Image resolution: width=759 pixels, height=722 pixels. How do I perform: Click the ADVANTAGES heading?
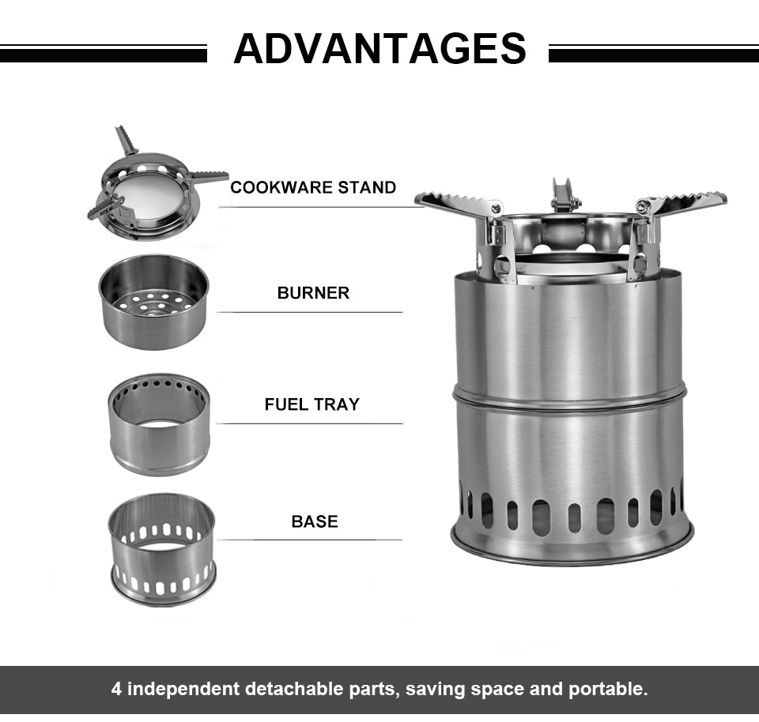tap(379, 48)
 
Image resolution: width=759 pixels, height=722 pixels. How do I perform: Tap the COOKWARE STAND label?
tap(313, 187)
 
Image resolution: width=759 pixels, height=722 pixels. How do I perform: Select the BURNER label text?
tap(313, 293)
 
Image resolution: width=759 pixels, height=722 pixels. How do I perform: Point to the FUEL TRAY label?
tap(312, 404)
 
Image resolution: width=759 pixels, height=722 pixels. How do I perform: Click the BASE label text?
tap(314, 521)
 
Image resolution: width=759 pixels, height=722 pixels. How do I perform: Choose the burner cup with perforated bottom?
tap(153, 303)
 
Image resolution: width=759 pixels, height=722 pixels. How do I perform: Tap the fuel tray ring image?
tap(159, 423)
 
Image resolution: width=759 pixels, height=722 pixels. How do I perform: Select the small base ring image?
tap(161, 549)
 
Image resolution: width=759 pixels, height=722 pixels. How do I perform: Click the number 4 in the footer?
tap(117, 689)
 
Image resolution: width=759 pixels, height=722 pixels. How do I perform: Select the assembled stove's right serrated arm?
tap(685, 202)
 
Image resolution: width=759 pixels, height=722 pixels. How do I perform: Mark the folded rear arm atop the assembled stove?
tap(563, 195)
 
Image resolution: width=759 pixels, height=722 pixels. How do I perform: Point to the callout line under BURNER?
tap(309, 312)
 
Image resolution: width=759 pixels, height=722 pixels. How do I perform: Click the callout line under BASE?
tap(309, 540)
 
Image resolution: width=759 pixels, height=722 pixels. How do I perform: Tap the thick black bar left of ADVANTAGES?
tap(103, 55)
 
